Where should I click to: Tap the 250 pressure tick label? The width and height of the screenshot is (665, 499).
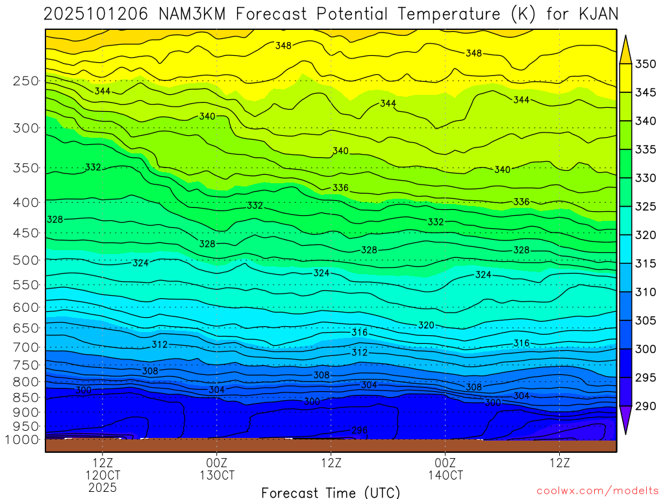[x=26, y=81]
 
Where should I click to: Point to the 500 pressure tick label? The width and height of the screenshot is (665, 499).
[x=26, y=260]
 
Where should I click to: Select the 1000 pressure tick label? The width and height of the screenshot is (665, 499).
[x=23, y=440]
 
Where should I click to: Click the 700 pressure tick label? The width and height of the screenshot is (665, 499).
[x=26, y=347]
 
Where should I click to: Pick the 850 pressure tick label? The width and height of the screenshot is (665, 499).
[x=26, y=397]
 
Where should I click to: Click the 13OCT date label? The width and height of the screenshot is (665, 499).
[x=217, y=475]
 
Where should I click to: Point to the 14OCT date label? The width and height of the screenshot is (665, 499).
[x=445, y=475]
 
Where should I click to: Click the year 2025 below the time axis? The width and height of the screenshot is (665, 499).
[x=103, y=487]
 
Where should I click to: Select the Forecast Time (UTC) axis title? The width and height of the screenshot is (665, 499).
[x=331, y=492]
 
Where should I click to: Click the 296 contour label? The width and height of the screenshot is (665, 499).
[x=360, y=430]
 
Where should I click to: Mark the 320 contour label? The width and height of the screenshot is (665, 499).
[x=426, y=325]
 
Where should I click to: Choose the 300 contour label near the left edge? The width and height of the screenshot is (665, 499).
[x=84, y=390]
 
